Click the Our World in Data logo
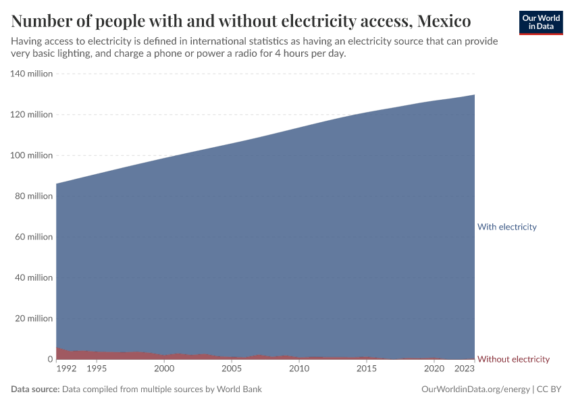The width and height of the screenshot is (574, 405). [540, 22]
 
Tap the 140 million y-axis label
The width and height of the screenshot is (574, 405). [31, 74]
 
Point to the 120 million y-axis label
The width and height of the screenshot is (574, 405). [31, 115]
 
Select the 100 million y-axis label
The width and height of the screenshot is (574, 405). [31, 155]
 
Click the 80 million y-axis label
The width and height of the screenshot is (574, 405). [32, 196]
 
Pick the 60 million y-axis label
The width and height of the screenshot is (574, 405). [32, 237]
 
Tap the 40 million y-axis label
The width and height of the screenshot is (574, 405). [32, 277]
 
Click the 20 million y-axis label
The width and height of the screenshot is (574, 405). [32, 319]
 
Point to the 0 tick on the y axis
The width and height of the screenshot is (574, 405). [49, 359]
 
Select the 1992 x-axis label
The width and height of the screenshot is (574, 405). [66, 369]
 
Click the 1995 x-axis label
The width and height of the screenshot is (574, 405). [97, 369]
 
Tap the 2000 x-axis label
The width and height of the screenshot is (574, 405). [164, 369]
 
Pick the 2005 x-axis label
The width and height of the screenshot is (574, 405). [232, 369]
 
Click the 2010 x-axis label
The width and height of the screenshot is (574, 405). [299, 369]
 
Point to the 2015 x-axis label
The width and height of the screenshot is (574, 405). [367, 369]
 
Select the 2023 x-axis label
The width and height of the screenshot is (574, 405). [465, 369]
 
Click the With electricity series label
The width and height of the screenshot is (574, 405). [506, 227]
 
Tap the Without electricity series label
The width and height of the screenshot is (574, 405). [513, 359]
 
